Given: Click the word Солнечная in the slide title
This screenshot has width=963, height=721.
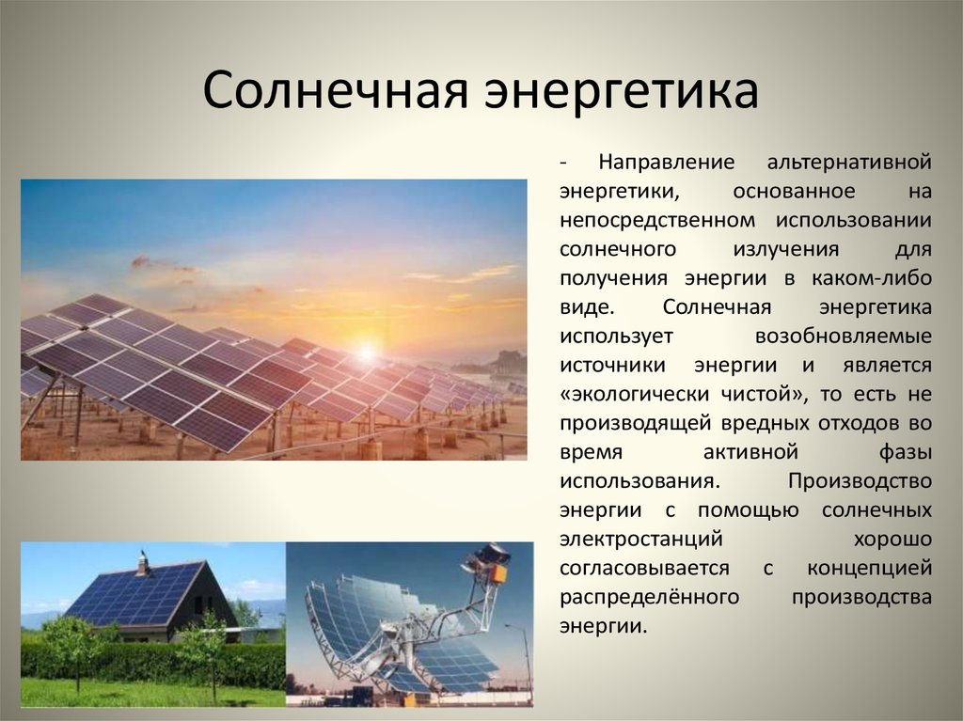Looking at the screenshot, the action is point(336,91).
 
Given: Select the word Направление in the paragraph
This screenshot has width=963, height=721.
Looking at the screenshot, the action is point(667,162).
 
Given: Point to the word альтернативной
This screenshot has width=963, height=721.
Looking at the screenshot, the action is point(849,162).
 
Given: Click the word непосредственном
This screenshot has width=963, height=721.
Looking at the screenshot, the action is point(657,220).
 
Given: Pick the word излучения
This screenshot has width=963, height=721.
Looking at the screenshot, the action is point(785,249).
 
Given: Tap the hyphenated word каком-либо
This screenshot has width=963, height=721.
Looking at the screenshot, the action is point(872,277).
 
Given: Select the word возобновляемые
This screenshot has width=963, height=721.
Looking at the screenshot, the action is point(844,336).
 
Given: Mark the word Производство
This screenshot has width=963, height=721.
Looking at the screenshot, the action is point(860,481).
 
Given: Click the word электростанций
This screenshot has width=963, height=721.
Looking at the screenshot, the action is point(641,540).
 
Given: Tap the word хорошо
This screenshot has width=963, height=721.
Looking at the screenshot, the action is point(892,540).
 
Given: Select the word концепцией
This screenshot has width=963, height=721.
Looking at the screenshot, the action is point(870,569).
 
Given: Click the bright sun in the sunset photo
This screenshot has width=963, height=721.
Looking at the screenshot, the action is point(366,352).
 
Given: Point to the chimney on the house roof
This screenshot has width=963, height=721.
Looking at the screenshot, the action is point(143,563).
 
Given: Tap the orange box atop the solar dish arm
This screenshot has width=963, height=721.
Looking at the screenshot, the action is point(497,573).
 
